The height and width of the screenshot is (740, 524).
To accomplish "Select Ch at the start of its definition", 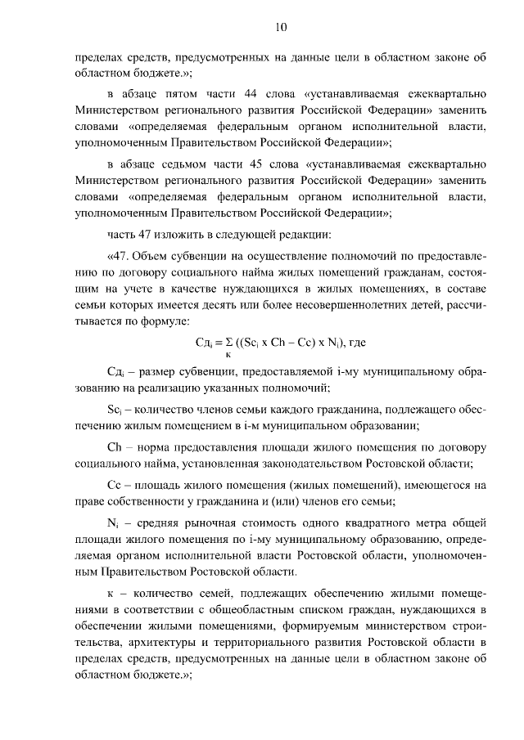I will tap(114, 447).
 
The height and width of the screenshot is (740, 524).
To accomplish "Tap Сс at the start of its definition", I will tap(114, 484).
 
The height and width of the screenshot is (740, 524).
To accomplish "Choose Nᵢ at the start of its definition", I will tap(114, 520).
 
